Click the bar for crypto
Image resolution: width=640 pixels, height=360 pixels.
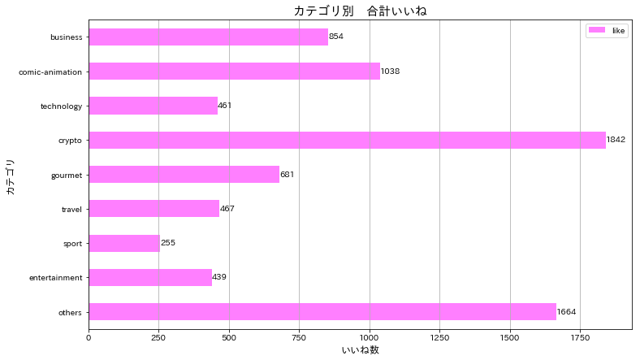pyautogui.click(x=347, y=140)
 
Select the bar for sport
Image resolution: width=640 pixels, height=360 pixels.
pyautogui.click(x=124, y=243)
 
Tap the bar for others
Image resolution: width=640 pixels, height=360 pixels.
pyautogui.click(x=322, y=312)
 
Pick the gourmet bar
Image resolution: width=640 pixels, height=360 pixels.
pyautogui.click(x=184, y=175)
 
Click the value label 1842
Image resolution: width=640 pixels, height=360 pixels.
pyautogui.click(x=616, y=140)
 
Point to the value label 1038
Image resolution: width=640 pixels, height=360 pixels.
pyautogui.click(x=390, y=72)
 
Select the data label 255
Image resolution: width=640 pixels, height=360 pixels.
pyautogui.click(x=168, y=243)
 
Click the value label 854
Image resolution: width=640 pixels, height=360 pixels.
pyautogui.click(x=338, y=37)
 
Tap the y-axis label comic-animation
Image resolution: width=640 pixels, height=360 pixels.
pyautogui.click(x=50, y=72)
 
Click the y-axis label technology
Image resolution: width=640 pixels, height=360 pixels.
pyautogui.click(x=62, y=106)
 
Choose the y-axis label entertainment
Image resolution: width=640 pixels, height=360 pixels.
pyautogui.click(x=56, y=278)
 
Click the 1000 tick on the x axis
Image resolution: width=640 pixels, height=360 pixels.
pyautogui.click(x=370, y=336)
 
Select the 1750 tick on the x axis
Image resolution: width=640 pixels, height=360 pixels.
pyautogui.click(x=580, y=336)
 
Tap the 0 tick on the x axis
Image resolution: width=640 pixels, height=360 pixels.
pyautogui.click(x=89, y=336)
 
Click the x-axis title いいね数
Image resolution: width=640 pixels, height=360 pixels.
pyautogui.click(x=360, y=350)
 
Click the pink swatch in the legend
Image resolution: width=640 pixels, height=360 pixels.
pyautogui.click(x=596, y=30)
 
